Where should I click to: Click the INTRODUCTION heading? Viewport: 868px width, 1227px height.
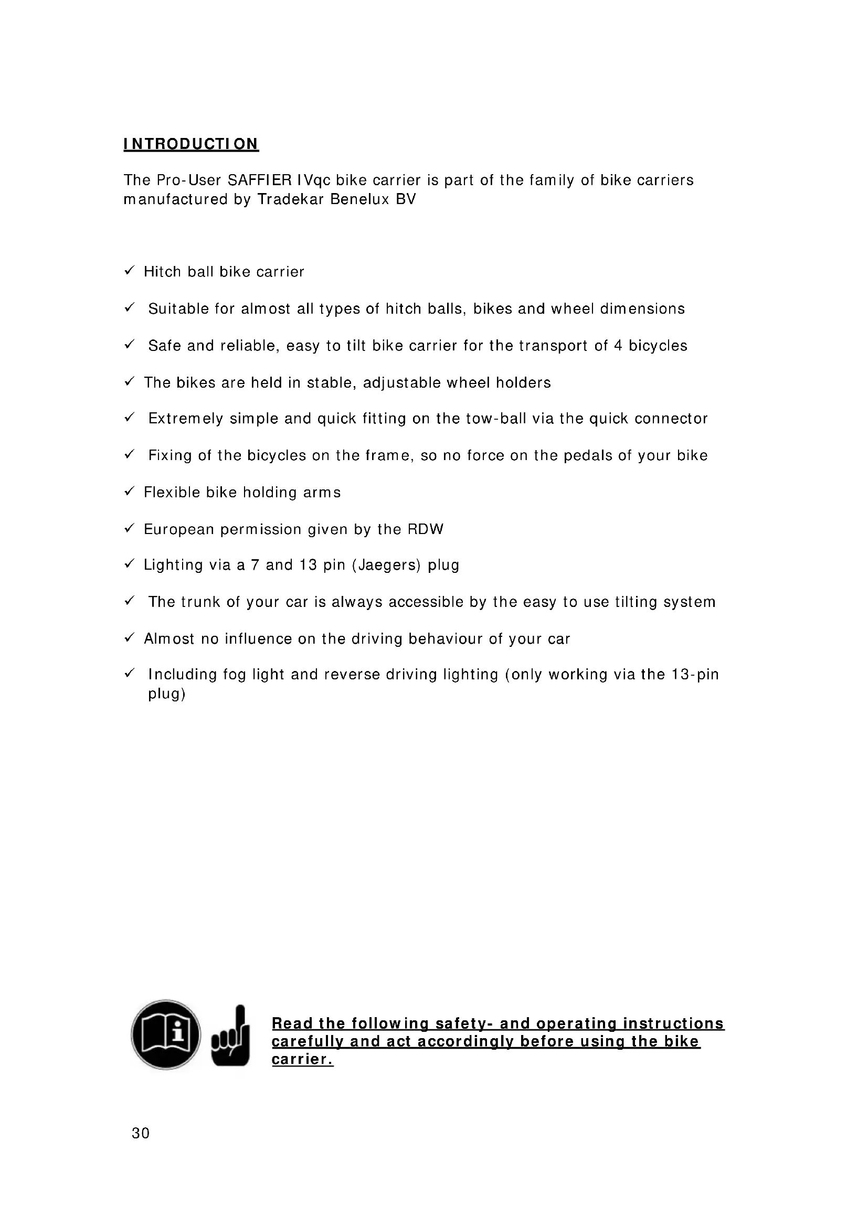[x=191, y=144]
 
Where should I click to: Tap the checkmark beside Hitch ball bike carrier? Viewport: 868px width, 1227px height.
[x=129, y=271]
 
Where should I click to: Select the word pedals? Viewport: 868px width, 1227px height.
[x=588, y=455]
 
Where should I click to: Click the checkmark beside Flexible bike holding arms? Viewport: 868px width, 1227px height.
[x=129, y=492]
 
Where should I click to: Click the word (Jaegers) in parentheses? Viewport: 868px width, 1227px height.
[x=386, y=566]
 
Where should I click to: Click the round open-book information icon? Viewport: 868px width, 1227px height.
[x=166, y=1034]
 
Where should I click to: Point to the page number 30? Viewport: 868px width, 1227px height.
[x=141, y=1133]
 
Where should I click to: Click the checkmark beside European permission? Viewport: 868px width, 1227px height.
[x=129, y=529]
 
